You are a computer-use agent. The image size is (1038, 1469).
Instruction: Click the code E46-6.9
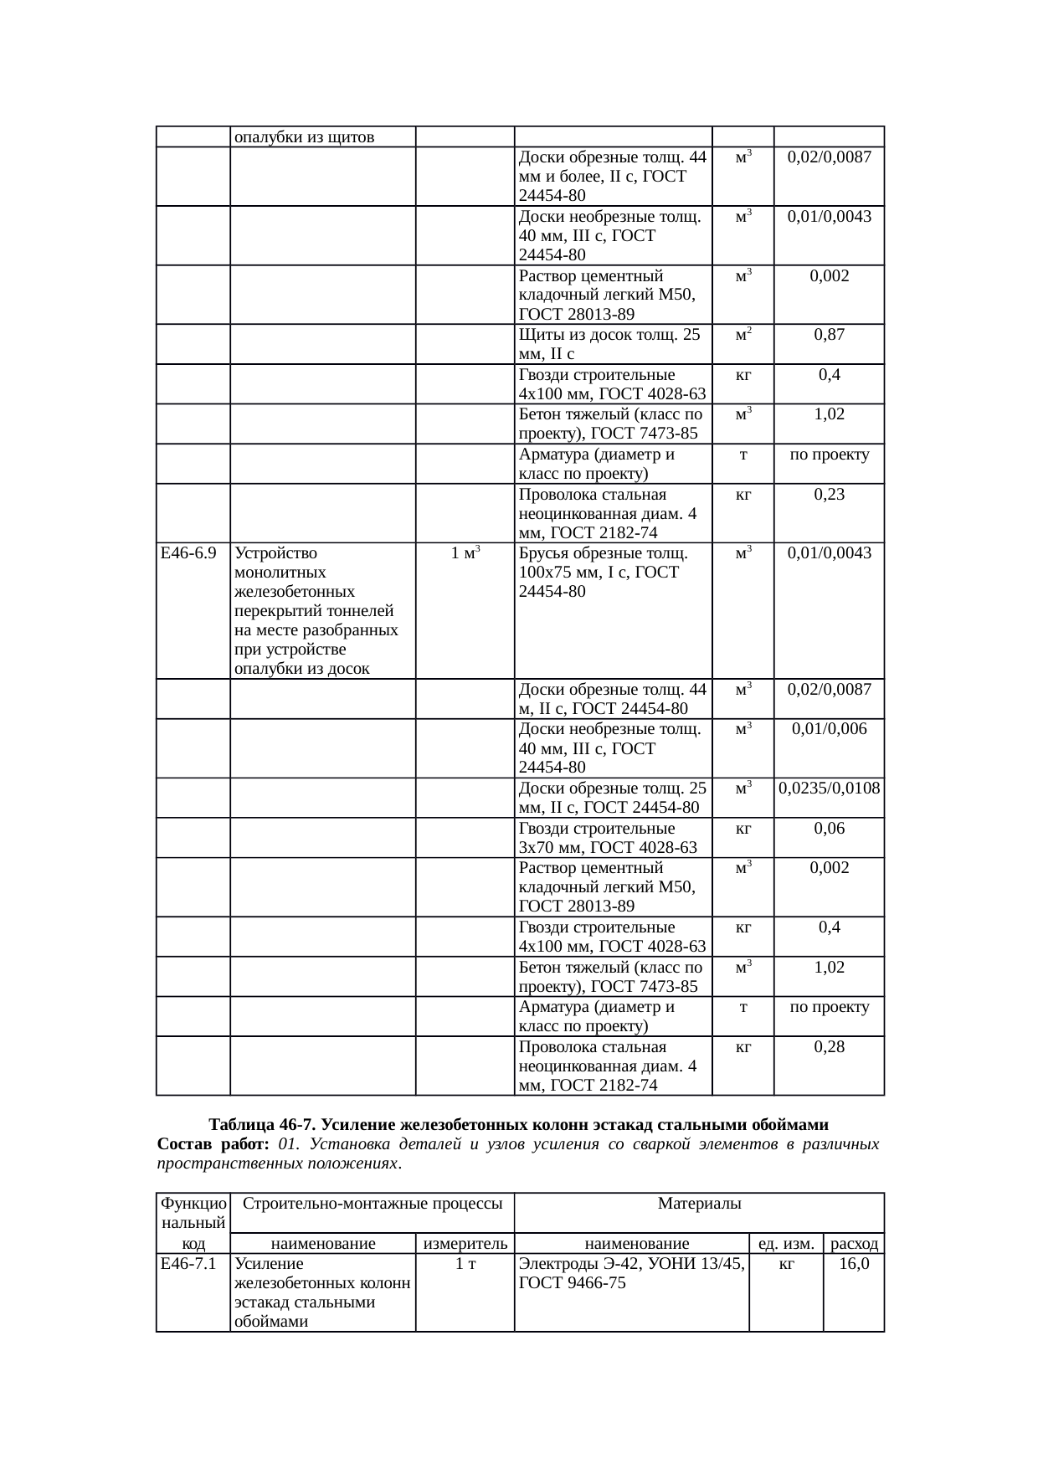click(x=188, y=553)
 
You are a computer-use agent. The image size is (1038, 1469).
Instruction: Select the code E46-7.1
click(x=188, y=1264)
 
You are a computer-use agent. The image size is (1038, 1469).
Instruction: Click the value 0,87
click(x=829, y=335)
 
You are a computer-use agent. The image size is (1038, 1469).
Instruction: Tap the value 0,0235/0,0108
click(x=829, y=788)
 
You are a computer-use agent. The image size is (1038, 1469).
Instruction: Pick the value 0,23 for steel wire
click(x=829, y=495)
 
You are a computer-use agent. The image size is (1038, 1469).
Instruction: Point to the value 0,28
click(x=829, y=1047)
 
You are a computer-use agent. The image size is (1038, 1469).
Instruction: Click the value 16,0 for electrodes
click(x=854, y=1264)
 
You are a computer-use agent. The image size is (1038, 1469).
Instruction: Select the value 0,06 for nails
click(x=829, y=829)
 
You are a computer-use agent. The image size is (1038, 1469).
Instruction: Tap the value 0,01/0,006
click(x=829, y=729)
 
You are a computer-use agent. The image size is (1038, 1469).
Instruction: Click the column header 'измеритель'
click(x=465, y=1244)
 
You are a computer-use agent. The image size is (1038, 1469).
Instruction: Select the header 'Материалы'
click(x=699, y=1204)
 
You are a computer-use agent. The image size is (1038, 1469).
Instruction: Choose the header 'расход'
click(x=854, y=1244)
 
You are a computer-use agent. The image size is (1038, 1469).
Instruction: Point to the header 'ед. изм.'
click(x=786, y=1244)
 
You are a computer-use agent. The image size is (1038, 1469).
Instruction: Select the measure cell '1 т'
click(x=465, y=1264)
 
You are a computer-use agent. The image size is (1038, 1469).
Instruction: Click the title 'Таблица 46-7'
click(x=518, y=1123)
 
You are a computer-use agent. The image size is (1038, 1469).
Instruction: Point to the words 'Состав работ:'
click(x=212, y=1144)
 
